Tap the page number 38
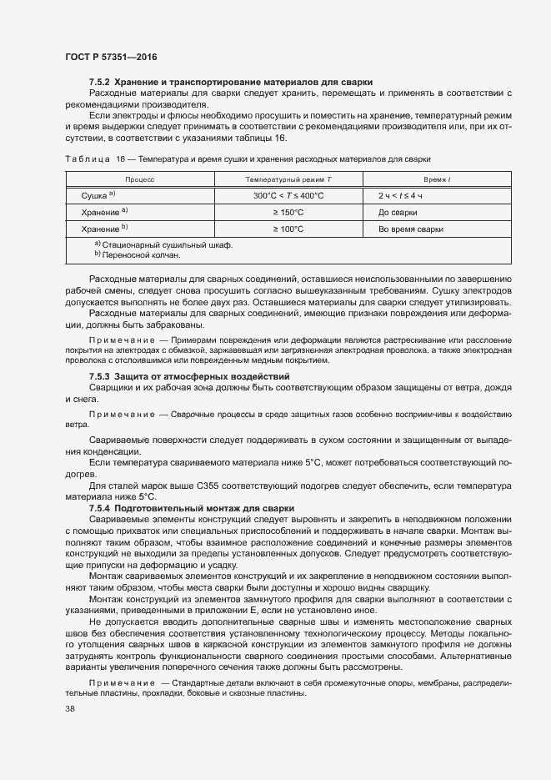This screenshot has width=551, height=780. click(70, 709)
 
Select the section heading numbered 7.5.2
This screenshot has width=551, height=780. click(230, 82)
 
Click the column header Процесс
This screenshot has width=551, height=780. click(140, 179)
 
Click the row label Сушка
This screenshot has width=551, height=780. click(98, 195)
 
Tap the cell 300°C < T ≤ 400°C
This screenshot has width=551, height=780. click(288, 195)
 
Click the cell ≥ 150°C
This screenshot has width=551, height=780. click(288, 212)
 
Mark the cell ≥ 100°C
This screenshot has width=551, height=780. click(288, 229)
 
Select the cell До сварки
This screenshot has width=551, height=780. click(398, 212)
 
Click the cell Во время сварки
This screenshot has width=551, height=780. click(410, 229)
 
